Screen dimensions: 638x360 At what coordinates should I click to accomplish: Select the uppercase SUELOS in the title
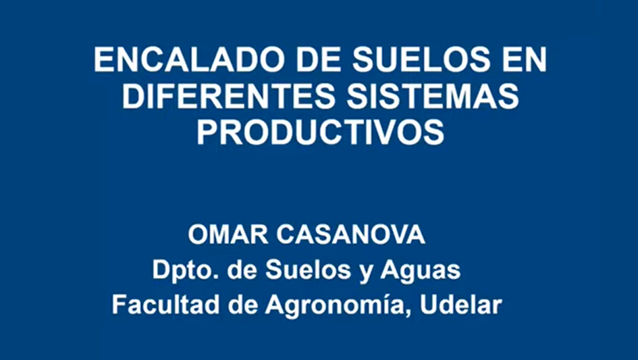pos(421,61)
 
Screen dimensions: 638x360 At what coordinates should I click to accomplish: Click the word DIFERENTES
pos(229,97)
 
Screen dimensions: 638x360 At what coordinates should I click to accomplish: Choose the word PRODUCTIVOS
pos(321,133)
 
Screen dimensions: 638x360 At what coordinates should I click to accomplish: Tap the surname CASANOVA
pos(351,235)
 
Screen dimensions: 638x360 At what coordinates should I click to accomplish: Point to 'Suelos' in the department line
pos(308,270)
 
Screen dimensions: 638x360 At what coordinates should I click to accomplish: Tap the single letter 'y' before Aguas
pos(365,273)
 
